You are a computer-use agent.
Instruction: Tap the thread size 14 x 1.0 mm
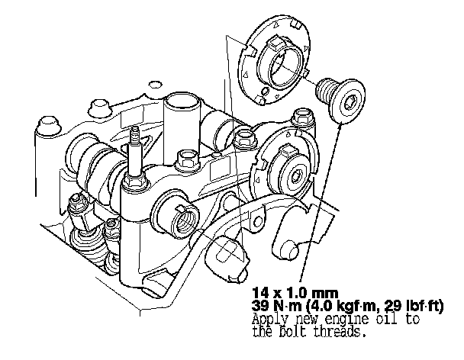pos(295,293)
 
